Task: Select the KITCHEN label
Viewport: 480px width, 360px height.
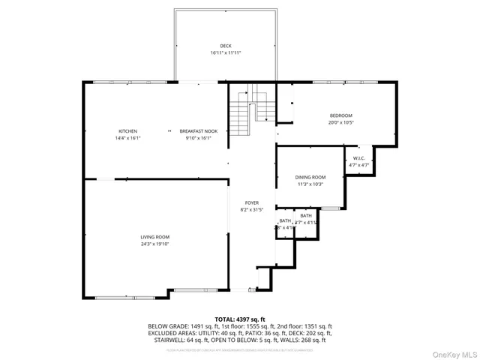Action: [x=127, y=131]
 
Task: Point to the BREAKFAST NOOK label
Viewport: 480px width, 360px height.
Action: [x=198, y=131]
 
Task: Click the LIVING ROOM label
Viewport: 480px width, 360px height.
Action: [x=155, y=237]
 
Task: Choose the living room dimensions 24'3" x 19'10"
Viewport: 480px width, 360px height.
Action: [x=155, y=244]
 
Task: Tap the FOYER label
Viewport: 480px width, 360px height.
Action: [x=251, y=203]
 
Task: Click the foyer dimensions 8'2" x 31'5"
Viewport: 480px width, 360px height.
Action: [x=251, y=210]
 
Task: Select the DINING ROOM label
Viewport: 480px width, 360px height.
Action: [x=310, y=177]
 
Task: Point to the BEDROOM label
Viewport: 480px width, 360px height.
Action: [x=340, y=115]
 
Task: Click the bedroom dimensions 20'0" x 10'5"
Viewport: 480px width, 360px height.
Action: [x=340, y=122]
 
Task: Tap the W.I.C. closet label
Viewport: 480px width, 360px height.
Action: [x=358, y=158]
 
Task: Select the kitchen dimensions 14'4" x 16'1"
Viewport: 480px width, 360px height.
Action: [x=127, y=138]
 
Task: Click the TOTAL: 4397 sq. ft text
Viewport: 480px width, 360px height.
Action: [x=239, y=319]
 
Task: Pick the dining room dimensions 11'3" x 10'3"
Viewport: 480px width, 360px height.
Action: [x=310, y=184]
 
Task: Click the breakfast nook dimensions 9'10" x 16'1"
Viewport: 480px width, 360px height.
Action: [x=198, y=138]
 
